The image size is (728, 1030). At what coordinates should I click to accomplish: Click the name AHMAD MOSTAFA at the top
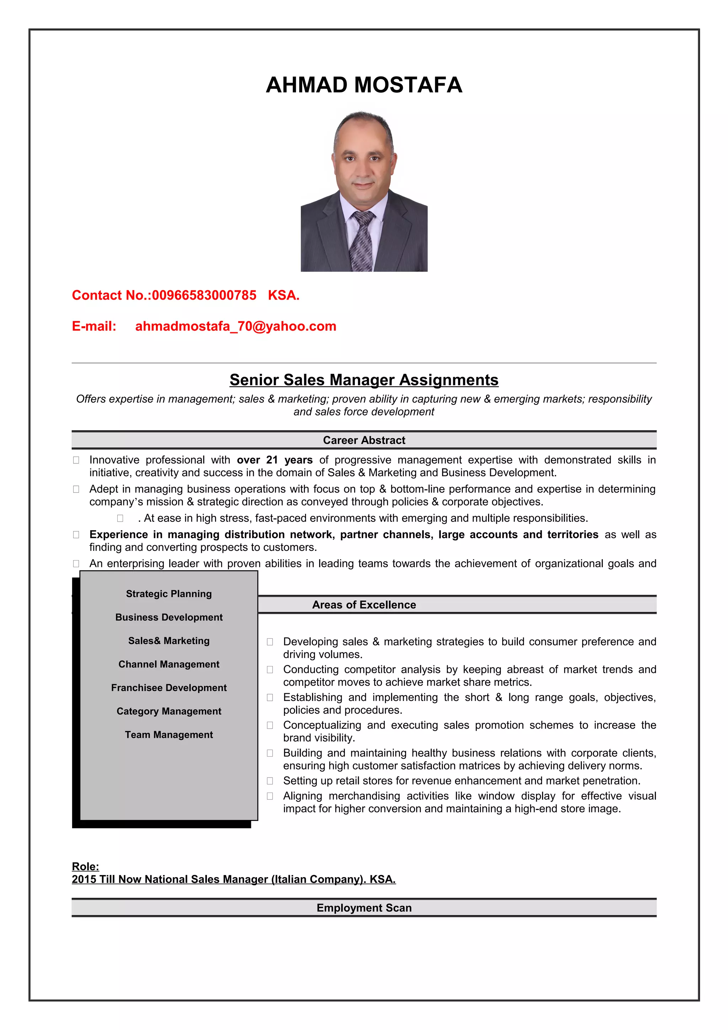coord(364,85)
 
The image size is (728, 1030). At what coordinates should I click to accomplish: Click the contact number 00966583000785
coord(204,295)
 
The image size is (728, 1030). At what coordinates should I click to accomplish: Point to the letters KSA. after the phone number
coord(283,295)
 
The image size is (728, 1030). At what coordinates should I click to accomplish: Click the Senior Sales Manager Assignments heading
coord(364,380)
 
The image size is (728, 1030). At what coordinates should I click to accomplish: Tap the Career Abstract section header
coord(364,440)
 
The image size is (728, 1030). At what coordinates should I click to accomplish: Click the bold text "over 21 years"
coord(274,460)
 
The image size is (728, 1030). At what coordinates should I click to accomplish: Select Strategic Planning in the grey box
coord(168,594)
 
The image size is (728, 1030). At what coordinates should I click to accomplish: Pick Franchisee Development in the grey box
coord(168,688)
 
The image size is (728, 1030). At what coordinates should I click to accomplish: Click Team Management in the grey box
coord(168,734)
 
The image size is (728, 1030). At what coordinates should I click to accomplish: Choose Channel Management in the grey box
coord(168,664)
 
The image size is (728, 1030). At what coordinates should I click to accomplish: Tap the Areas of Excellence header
coord(364,605)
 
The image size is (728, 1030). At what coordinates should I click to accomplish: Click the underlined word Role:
coord(85,866)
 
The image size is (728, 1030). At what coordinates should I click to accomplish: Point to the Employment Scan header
coord(364,907)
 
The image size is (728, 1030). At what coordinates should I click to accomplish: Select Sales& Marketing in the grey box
coord(168,640)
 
